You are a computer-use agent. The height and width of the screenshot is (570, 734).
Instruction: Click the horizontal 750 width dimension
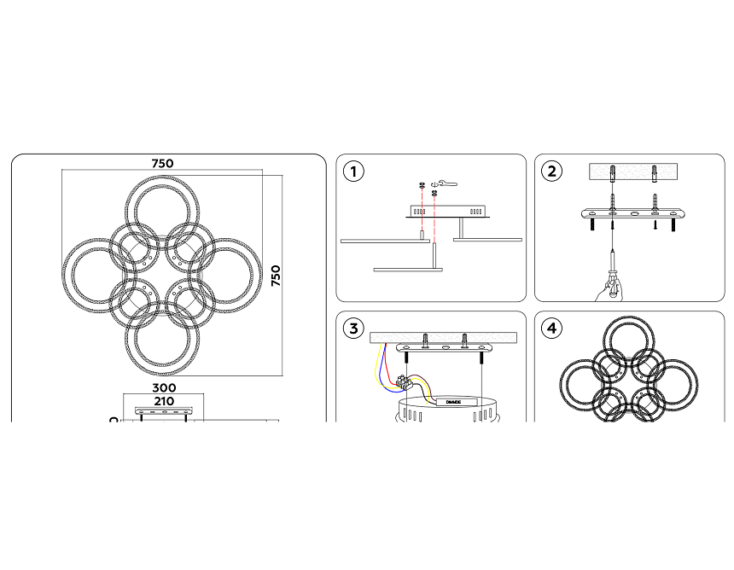click(x=162, y=163)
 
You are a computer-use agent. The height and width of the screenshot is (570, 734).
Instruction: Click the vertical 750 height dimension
click(x=276, y=275)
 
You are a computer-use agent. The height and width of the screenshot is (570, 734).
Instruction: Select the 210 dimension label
click(x=163, y=400)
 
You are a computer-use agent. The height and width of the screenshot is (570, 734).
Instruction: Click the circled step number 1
click(x=352, y=171)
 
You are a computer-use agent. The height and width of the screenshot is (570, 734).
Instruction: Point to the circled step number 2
click(x=552, y=171)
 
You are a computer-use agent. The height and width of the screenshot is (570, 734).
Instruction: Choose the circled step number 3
click(x=352, y=328)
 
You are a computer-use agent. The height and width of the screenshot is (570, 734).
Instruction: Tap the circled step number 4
click(x=552, y=328)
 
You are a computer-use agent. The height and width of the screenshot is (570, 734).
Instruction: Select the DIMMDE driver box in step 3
click(x=452, y=401)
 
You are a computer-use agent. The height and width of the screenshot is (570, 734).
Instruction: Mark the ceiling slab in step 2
click(x=632, y=171)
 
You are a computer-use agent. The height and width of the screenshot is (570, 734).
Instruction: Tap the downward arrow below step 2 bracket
click(x=655, y=225)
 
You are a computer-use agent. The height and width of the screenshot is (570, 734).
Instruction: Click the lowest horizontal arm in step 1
click(x=408, y=270)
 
